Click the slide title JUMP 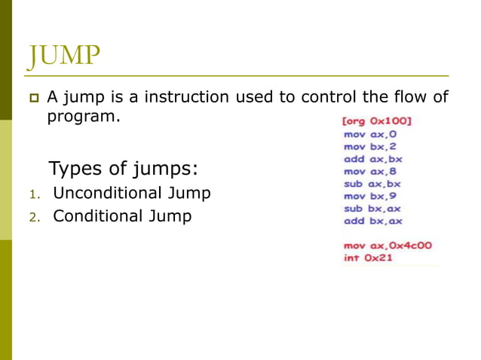point(65,56)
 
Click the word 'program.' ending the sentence point(84,117)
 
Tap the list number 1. point(33,194)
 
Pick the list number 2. point(33,218)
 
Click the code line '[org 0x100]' point(377,121)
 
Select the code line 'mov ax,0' point(370,134)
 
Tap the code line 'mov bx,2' point(370,146)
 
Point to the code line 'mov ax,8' point(370,171)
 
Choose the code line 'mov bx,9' point(370,196)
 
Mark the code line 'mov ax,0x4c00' point(388,246)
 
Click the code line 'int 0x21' point(369,258)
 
